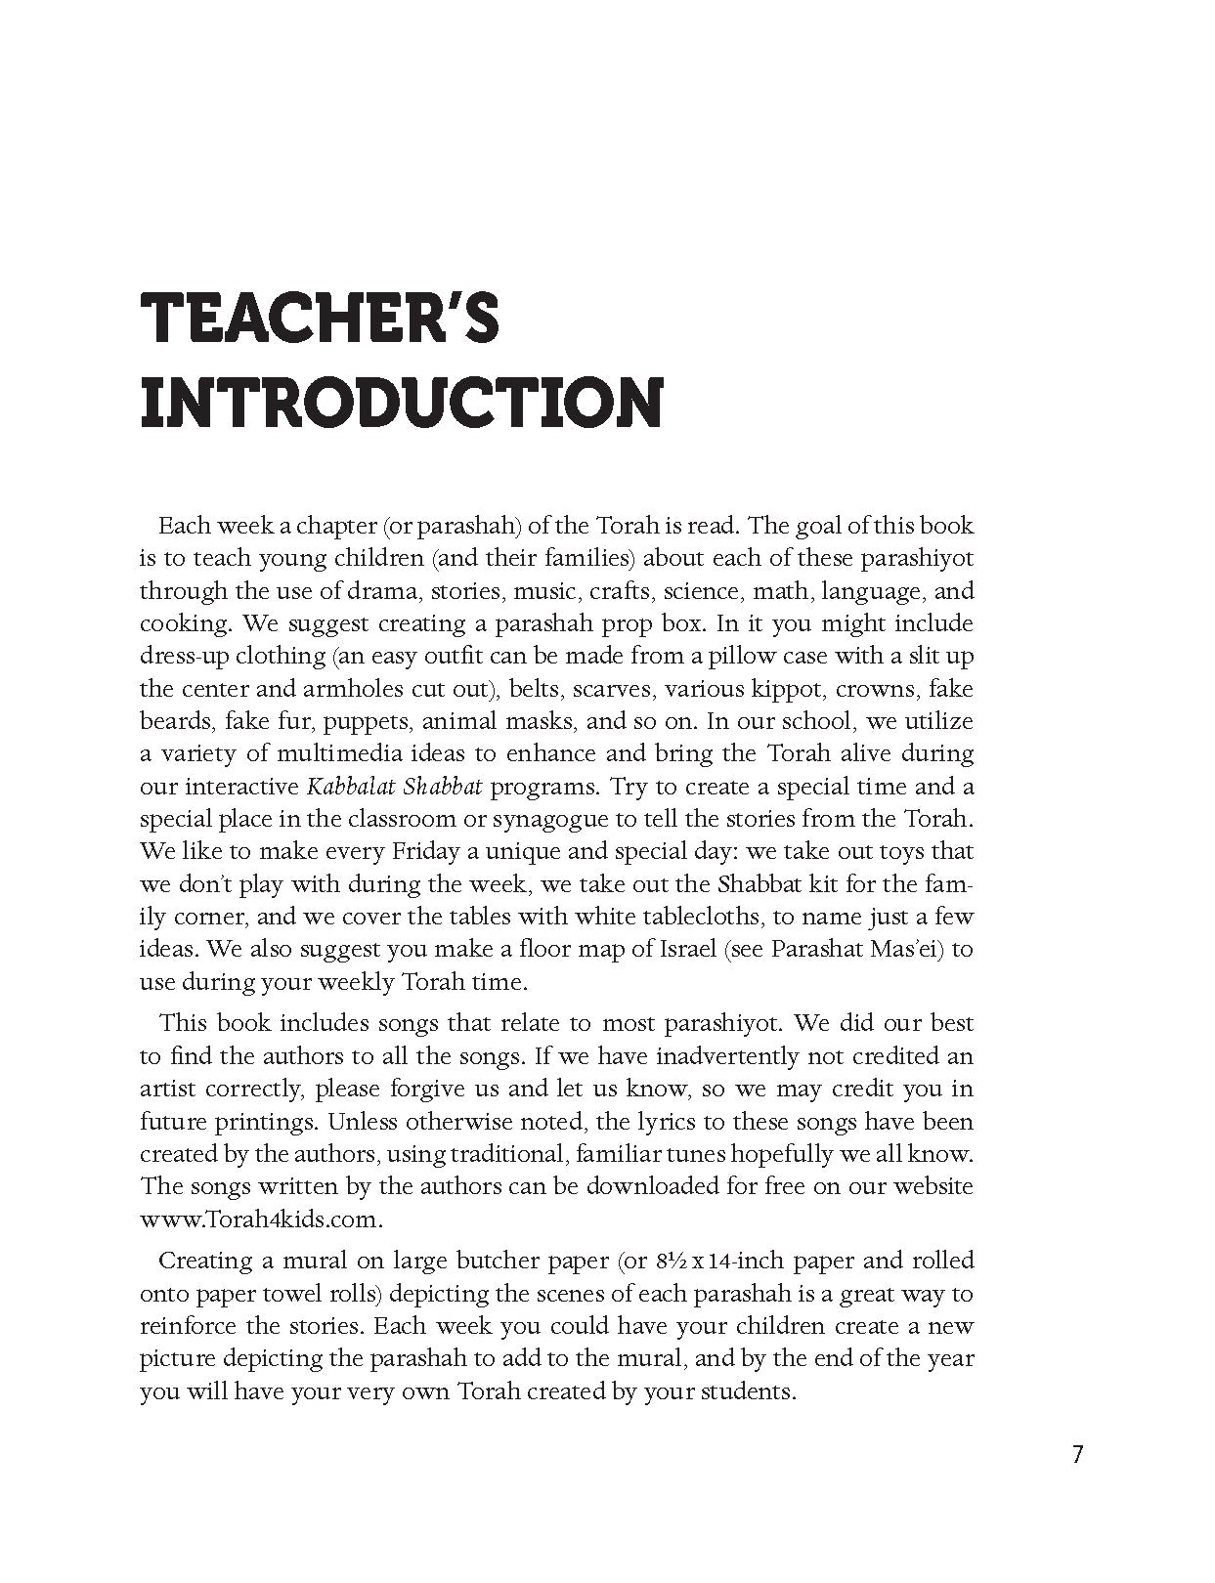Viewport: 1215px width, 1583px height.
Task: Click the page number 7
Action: pyautogui.click(x=1077, y=1454)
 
